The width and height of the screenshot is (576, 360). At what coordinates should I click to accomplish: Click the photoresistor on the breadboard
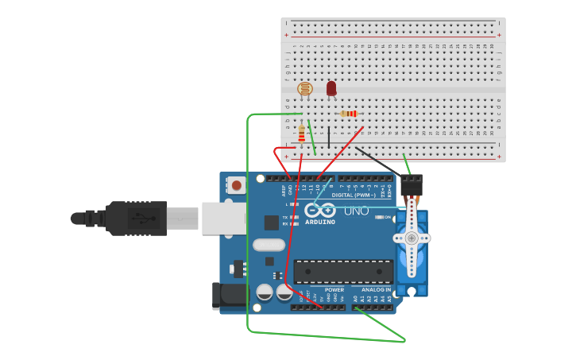point(304,89)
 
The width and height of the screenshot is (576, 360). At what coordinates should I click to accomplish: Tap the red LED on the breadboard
point(331,88)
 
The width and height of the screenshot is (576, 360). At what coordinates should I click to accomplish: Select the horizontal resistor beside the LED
point(349,114)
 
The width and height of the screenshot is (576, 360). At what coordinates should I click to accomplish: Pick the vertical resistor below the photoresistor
point(301,133)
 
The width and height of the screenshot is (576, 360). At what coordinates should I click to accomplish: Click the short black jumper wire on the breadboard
point(328,137)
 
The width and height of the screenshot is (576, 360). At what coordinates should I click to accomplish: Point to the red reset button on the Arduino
point(236,186)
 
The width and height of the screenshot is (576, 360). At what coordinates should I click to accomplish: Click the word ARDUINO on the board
point(320,222)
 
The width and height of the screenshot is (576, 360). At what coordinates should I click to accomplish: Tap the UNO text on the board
point(356,211)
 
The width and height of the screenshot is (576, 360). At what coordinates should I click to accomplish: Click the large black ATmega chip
point(343,271)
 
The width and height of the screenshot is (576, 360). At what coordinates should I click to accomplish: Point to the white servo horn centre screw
point(412,238)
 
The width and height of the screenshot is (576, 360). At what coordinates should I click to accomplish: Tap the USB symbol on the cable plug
point(143,218)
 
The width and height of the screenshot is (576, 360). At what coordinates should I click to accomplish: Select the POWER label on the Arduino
point(334,290)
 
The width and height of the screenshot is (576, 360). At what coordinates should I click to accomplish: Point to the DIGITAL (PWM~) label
point(354,195)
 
